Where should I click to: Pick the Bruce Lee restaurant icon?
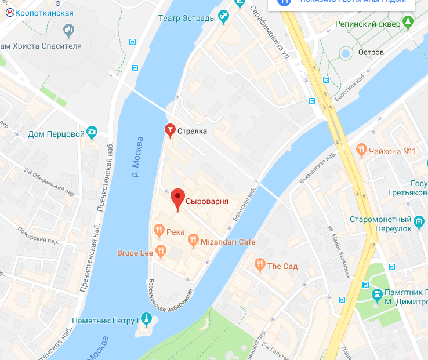(161, 252)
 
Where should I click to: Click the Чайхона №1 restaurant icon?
(362, 151)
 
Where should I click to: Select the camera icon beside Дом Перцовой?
(92, 134)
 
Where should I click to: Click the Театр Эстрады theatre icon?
(223, 18)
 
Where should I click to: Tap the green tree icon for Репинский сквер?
(408, 24)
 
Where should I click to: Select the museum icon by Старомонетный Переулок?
(419, 220)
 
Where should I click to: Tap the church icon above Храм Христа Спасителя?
(68, 29)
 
